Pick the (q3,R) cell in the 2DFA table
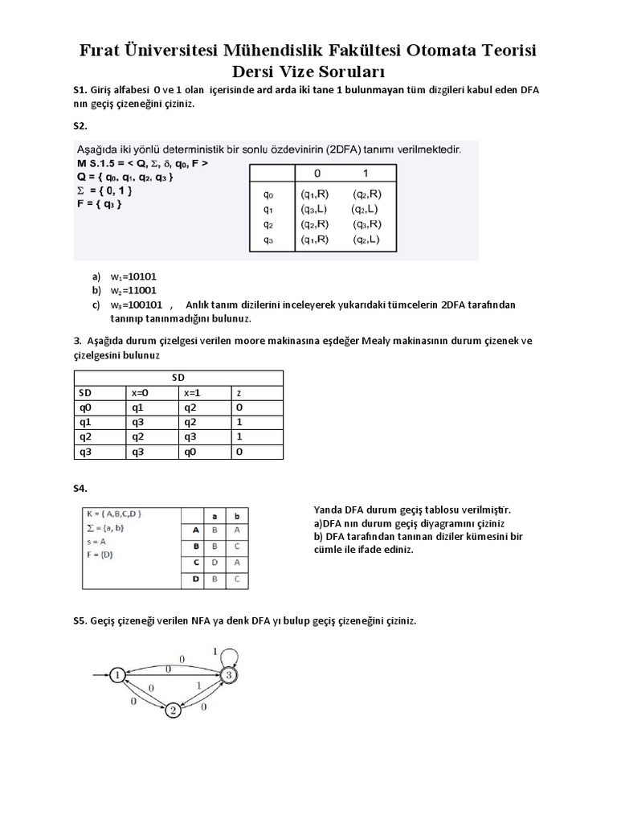click(366, 224)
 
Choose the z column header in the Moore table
click(239, 393)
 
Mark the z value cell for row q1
click(239, 422)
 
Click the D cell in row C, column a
click(214, 563)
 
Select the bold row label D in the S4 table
click(194, 579)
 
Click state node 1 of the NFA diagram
click(118, 674)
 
